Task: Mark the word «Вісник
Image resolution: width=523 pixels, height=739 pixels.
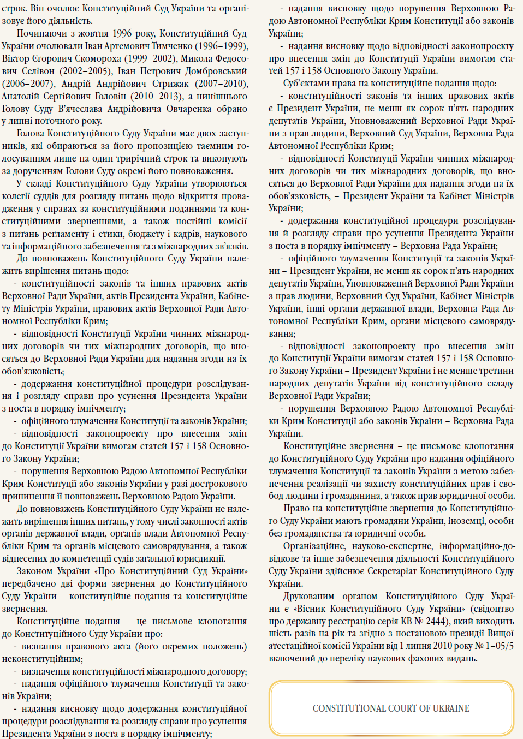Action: point(310,609)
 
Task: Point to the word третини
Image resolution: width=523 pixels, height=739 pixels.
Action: point(495,371)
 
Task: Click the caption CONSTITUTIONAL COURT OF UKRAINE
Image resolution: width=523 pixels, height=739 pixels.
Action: point(391,708)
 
